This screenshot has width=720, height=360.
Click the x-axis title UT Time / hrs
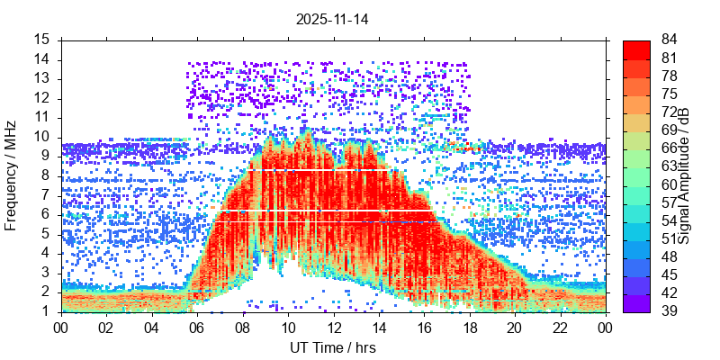(333, 348)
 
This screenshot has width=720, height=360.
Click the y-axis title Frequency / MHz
(12, 176)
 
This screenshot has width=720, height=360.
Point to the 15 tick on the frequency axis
(41, 40)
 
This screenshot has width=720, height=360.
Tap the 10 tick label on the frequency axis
(41, 137)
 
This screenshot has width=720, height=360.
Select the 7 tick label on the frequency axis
(45, 195)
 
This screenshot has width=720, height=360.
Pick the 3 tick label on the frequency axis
(45, 273)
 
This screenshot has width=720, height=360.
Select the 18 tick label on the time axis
(469, 328)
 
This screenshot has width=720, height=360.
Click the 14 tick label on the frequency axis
(41, 59)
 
